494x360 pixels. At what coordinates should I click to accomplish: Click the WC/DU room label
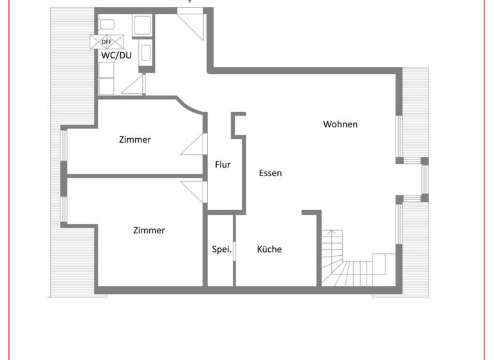click(116, 55)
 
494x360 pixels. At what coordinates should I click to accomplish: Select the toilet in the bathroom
click(107, 24)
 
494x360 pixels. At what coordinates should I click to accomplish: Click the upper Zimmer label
click(135, 139)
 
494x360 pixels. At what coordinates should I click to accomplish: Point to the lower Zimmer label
click(149, 230)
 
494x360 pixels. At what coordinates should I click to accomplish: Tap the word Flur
click(223, 165)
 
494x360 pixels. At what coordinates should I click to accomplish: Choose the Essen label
click(270, 173)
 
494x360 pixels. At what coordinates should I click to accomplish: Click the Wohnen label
click(340, 124)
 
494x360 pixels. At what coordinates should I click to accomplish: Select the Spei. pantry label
click(221, 249)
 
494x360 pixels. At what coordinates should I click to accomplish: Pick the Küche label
click(270, 249)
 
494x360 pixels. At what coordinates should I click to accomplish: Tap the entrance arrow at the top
click(189, 3)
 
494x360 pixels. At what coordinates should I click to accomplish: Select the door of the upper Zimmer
click(194, 145)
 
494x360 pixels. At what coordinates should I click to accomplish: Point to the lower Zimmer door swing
click(194, 191)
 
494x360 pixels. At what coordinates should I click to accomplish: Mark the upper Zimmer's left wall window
click(64, 146)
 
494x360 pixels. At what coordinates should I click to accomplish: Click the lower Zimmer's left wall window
click(64, 210)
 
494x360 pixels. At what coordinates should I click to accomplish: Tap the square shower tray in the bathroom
click(142, 26)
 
